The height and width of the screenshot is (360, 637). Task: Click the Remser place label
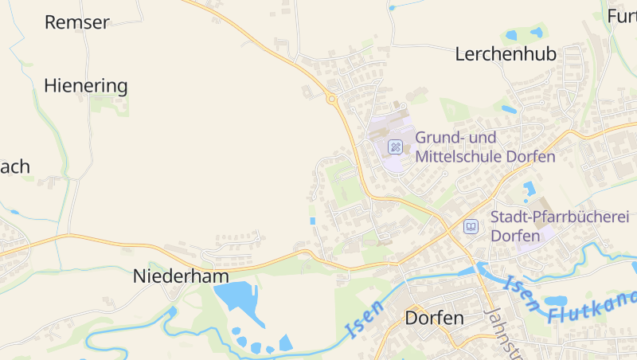pos(76,22)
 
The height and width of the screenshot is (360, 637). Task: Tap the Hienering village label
pos(86,85)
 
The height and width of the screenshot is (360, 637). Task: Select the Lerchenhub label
pos(506,54)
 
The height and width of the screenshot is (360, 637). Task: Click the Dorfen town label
pos(434,318)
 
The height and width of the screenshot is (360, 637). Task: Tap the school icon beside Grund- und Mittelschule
pos(394,147)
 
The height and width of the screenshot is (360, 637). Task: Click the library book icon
pos(471,227)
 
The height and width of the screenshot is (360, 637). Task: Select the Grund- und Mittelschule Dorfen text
pos(484,147)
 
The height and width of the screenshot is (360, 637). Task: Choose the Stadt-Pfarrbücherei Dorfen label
pos(559,226)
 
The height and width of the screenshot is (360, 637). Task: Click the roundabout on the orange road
pos(331,100)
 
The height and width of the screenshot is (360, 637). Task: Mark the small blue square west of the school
pos(313,221)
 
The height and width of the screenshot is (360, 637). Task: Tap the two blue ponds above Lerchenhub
pos(524,34)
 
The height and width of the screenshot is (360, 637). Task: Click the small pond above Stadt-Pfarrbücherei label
pos(529,188)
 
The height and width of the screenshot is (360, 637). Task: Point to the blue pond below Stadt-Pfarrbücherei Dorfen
pos(555,301)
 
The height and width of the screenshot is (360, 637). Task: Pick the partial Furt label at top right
pos(622,16)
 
